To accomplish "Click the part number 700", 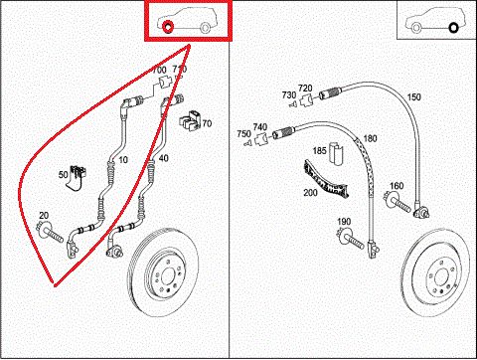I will click(159, 70).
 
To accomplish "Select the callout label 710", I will click(180, 70).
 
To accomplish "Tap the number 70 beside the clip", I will click(207, 123).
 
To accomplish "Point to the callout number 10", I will click(123, 160).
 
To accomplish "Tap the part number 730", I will click(287, 95).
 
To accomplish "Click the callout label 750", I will click(244, 134).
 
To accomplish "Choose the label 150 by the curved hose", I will click(413, 96).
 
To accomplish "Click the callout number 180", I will click(370, 138).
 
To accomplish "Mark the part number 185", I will click(320, 151).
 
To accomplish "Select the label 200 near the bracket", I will click(310, 191).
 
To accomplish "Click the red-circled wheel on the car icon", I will click(168, 27).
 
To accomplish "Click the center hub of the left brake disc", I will click(160, 281).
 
